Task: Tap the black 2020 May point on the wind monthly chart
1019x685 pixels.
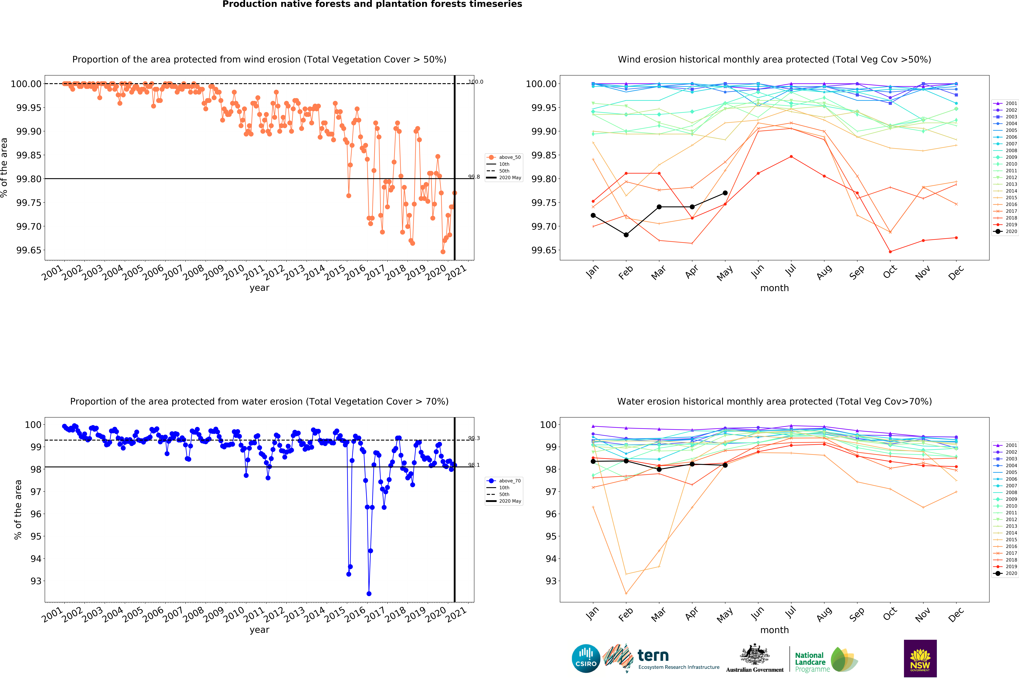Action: [x=725, y=193]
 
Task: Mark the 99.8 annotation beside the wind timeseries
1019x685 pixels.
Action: [x=474, y=177]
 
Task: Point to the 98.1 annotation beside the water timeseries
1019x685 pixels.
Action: [x=474, y=465]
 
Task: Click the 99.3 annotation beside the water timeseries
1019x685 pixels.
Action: [x=474, y=438]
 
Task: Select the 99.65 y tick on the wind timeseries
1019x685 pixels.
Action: [x=29, y=250]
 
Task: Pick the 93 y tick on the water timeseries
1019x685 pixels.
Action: [x=36, y=581]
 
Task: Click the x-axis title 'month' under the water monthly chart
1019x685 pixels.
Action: [x=774, y=630]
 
